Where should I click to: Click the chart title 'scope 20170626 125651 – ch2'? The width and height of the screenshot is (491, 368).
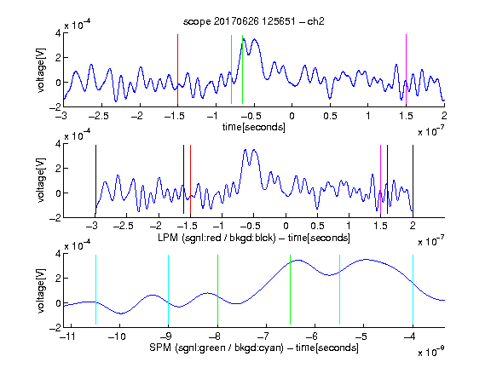(x=254, y=21)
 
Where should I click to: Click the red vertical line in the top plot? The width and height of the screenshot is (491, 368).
(x=177, y=69)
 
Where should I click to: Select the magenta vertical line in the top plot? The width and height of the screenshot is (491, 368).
(x=406, y=69)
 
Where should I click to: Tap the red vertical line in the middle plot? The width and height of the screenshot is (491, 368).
(x=190, y=179)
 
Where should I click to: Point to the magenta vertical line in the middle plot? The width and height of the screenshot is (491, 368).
(x=380, y=179)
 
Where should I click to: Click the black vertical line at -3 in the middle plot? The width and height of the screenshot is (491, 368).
(x=95, y=179)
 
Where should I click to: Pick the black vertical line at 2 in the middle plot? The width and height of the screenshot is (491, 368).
(x=413, y=179)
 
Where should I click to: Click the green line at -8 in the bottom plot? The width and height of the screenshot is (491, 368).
(x=217, y=290)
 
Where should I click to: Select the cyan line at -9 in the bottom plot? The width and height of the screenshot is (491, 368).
(x=168, y=290)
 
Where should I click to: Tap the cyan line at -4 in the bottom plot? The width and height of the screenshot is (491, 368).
(x=413, y=290)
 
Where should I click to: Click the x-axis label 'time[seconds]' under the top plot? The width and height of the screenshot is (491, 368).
(x=254, y=127)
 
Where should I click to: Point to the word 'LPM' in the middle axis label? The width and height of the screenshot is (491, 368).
(x=169, y=238)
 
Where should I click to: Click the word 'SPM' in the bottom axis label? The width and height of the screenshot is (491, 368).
(x=160, y=348)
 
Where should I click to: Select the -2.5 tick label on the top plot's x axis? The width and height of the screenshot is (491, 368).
(x=98, y=116)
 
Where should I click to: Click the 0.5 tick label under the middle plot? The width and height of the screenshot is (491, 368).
(x=317, y=226)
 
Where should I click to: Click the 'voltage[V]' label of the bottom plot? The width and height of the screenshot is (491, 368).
(x=41, y=291)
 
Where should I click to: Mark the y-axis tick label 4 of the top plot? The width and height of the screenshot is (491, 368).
(x=58, y=33)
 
